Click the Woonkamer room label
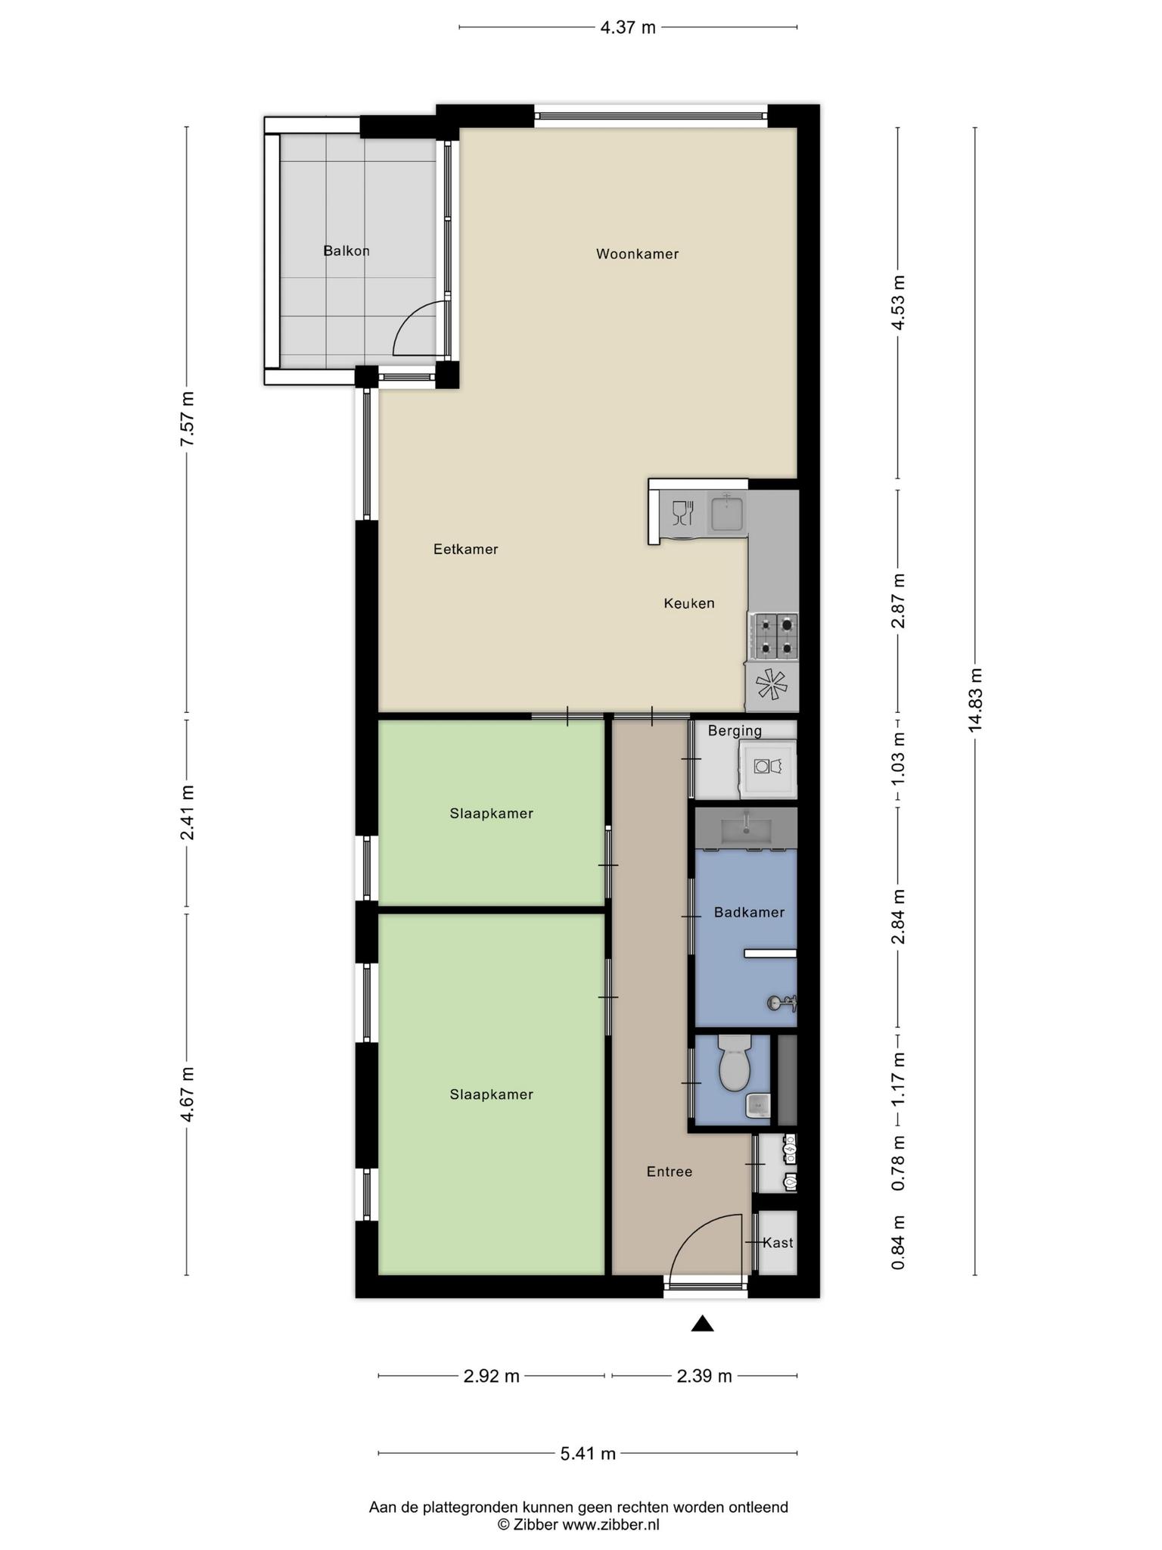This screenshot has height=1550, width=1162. (x=637, y=254)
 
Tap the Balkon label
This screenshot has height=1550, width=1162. (x=346, y=251)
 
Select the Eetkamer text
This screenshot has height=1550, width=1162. (x=465, y=549)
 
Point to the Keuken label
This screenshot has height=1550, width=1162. (x=689, y=603)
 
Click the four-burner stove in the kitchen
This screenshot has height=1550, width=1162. (x=773, y=635)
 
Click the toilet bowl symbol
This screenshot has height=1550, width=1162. (x=734, y=1064)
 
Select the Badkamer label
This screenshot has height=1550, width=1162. (x=749, y=913)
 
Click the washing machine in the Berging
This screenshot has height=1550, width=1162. (x=768, y=767)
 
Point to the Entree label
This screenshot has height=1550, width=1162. (x=670, y=1172)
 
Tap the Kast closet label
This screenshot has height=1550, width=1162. (x=778, y=1243)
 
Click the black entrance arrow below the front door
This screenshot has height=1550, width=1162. (x=703, y=1323)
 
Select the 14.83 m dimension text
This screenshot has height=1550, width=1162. (x=975, y=700)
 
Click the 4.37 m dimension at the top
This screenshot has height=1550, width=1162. (x=628, y=28)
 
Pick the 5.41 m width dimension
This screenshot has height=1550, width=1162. (x=588, y=1454)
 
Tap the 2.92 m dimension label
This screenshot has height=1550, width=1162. (x=491, y=1376)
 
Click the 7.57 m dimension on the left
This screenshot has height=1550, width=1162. (x=188, y=419)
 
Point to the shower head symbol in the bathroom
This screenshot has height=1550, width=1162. (x=781, y=1004)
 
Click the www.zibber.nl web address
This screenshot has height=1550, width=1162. (x=611, y=1524)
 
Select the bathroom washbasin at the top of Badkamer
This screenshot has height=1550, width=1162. (x=746, y=829)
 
